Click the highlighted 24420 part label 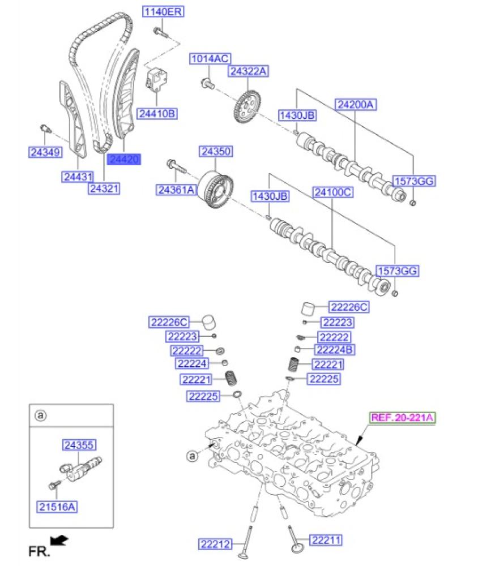(124, 160)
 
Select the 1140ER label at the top (163, 11)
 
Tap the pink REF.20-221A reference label (402, 418)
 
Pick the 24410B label (158, 114)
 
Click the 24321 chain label (104, 188)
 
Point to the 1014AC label (209, 58)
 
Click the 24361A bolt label (176, 190)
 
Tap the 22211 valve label (327, 541)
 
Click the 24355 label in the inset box (78, 445)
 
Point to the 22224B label (335, 350)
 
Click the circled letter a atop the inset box (40, 416)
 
